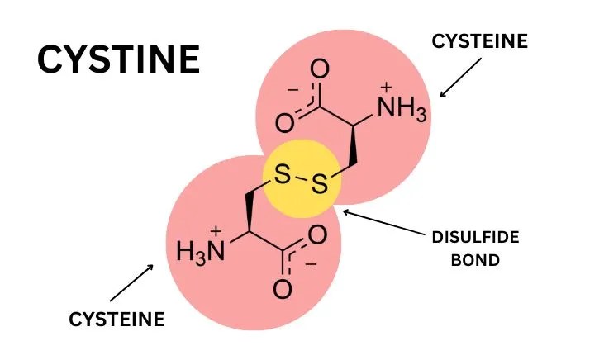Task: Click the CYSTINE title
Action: tap(119, 60)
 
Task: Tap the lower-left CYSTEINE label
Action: tap(117, 318)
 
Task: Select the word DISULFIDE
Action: tap(475, 237)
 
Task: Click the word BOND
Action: tap(475, 260)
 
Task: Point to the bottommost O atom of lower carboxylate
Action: tap(283, 289)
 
